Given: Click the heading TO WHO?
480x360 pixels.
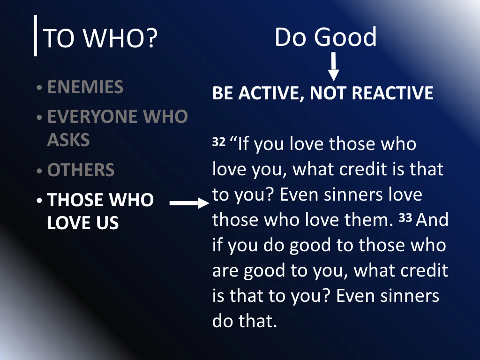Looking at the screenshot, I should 99,39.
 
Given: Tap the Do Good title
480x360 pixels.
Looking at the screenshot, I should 325,37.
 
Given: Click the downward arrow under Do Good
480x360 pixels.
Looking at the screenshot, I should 333,67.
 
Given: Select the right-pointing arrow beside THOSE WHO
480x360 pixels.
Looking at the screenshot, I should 189,203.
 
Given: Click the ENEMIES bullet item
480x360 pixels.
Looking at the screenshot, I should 85,87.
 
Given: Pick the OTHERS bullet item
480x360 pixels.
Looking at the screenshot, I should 81,170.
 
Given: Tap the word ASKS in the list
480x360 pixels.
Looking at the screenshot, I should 68,140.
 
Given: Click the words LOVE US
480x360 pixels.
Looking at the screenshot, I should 83,223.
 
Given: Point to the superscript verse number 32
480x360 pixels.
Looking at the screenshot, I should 219,142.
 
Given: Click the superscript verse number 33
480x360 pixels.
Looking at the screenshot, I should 405,218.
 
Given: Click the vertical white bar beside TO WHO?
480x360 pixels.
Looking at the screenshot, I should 36,36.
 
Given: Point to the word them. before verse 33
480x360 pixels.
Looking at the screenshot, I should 368,220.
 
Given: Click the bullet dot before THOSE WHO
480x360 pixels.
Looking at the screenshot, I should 40,201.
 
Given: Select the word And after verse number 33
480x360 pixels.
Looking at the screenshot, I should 432,220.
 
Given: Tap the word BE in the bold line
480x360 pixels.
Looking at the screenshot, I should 223,93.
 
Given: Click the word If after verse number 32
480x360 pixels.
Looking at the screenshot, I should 243,144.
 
